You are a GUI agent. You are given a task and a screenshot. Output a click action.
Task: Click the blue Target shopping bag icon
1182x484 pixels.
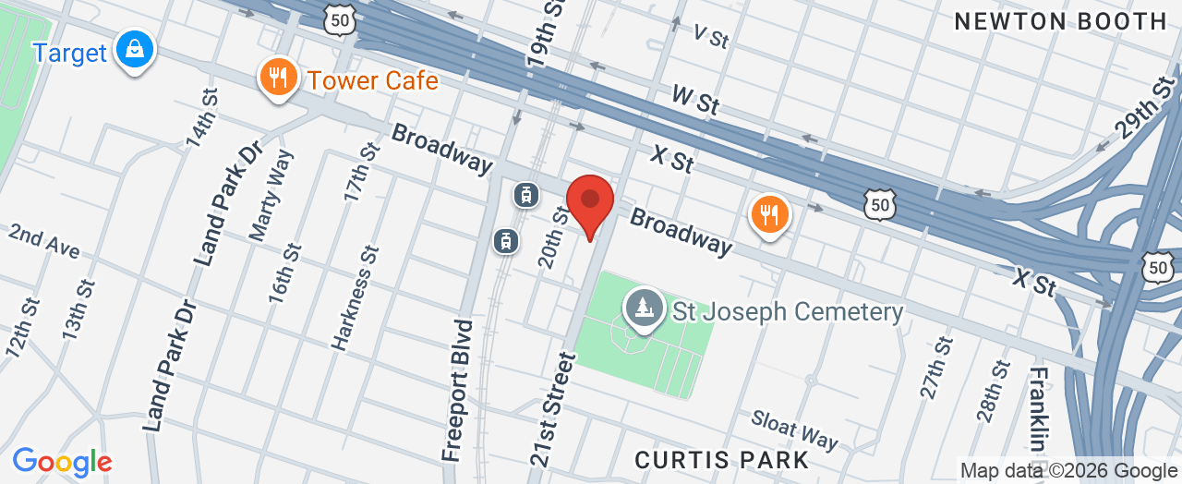pyautogui.click(x=136, y=50)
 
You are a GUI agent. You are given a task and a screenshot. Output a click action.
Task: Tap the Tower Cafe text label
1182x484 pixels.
pyautogui.click(x=372, y=80)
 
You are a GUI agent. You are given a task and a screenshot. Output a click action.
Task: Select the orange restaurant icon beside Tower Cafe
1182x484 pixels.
pyautogui.click(x=276, y=77)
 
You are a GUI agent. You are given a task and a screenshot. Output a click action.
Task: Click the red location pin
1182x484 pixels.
pyautogui.click(x=590, y=201)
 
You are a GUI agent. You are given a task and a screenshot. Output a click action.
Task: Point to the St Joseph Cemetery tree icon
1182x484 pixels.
pyautogui.click(x=642, y=309)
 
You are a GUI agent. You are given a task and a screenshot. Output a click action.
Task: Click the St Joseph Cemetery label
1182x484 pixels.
pyautogui.click(x=788, y=311)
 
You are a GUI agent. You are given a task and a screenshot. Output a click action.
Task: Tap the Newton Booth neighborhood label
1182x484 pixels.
pyautogui.click(x=1060, y=21)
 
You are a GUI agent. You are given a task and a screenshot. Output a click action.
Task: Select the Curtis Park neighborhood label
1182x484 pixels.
pyautogui.click(x=723, y=460)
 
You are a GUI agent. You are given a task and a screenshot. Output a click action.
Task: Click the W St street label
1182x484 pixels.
pyautogui.click(x=695, y=99)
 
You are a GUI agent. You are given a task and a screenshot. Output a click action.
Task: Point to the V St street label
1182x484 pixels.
pyautogui.click(x=711, y=36)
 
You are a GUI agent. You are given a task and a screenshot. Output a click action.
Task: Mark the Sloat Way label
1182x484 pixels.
pyautogui.click(x=794, y=429)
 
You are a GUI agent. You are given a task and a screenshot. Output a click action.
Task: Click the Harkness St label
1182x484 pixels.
pyautogui.click(x=356, y=297)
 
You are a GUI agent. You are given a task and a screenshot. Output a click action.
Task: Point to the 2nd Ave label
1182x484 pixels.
pyautogui.click(x=43, y=241)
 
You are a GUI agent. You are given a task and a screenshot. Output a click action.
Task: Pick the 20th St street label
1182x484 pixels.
pyautogui.click(x=554, y=237)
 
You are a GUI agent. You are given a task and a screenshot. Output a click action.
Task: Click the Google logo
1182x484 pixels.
pyautogui.click(x=62, y=462)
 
